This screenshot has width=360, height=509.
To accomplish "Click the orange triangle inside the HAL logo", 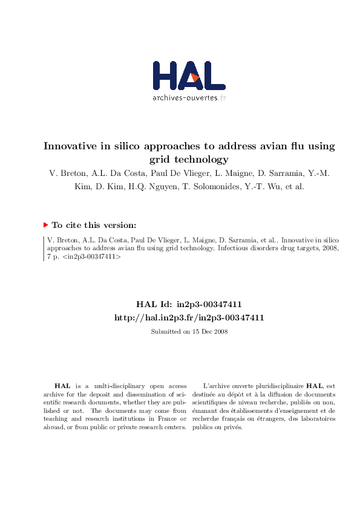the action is coord(194,77).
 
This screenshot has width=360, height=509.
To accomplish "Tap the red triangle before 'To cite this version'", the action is coord(45,225).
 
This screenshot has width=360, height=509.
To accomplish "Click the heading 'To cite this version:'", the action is coord(94,225).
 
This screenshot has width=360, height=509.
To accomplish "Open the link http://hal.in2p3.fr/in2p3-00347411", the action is coord(189,317).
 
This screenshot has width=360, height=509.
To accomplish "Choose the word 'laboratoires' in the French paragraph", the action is coord(319,418).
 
